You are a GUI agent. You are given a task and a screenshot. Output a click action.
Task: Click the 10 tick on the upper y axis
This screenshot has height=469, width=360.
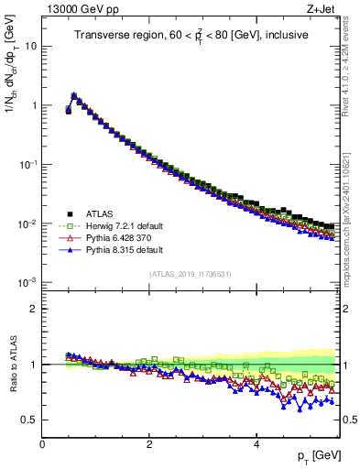point(31,45)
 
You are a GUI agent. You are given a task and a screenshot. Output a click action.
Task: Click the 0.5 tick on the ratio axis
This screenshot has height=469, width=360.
point(29,420)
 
